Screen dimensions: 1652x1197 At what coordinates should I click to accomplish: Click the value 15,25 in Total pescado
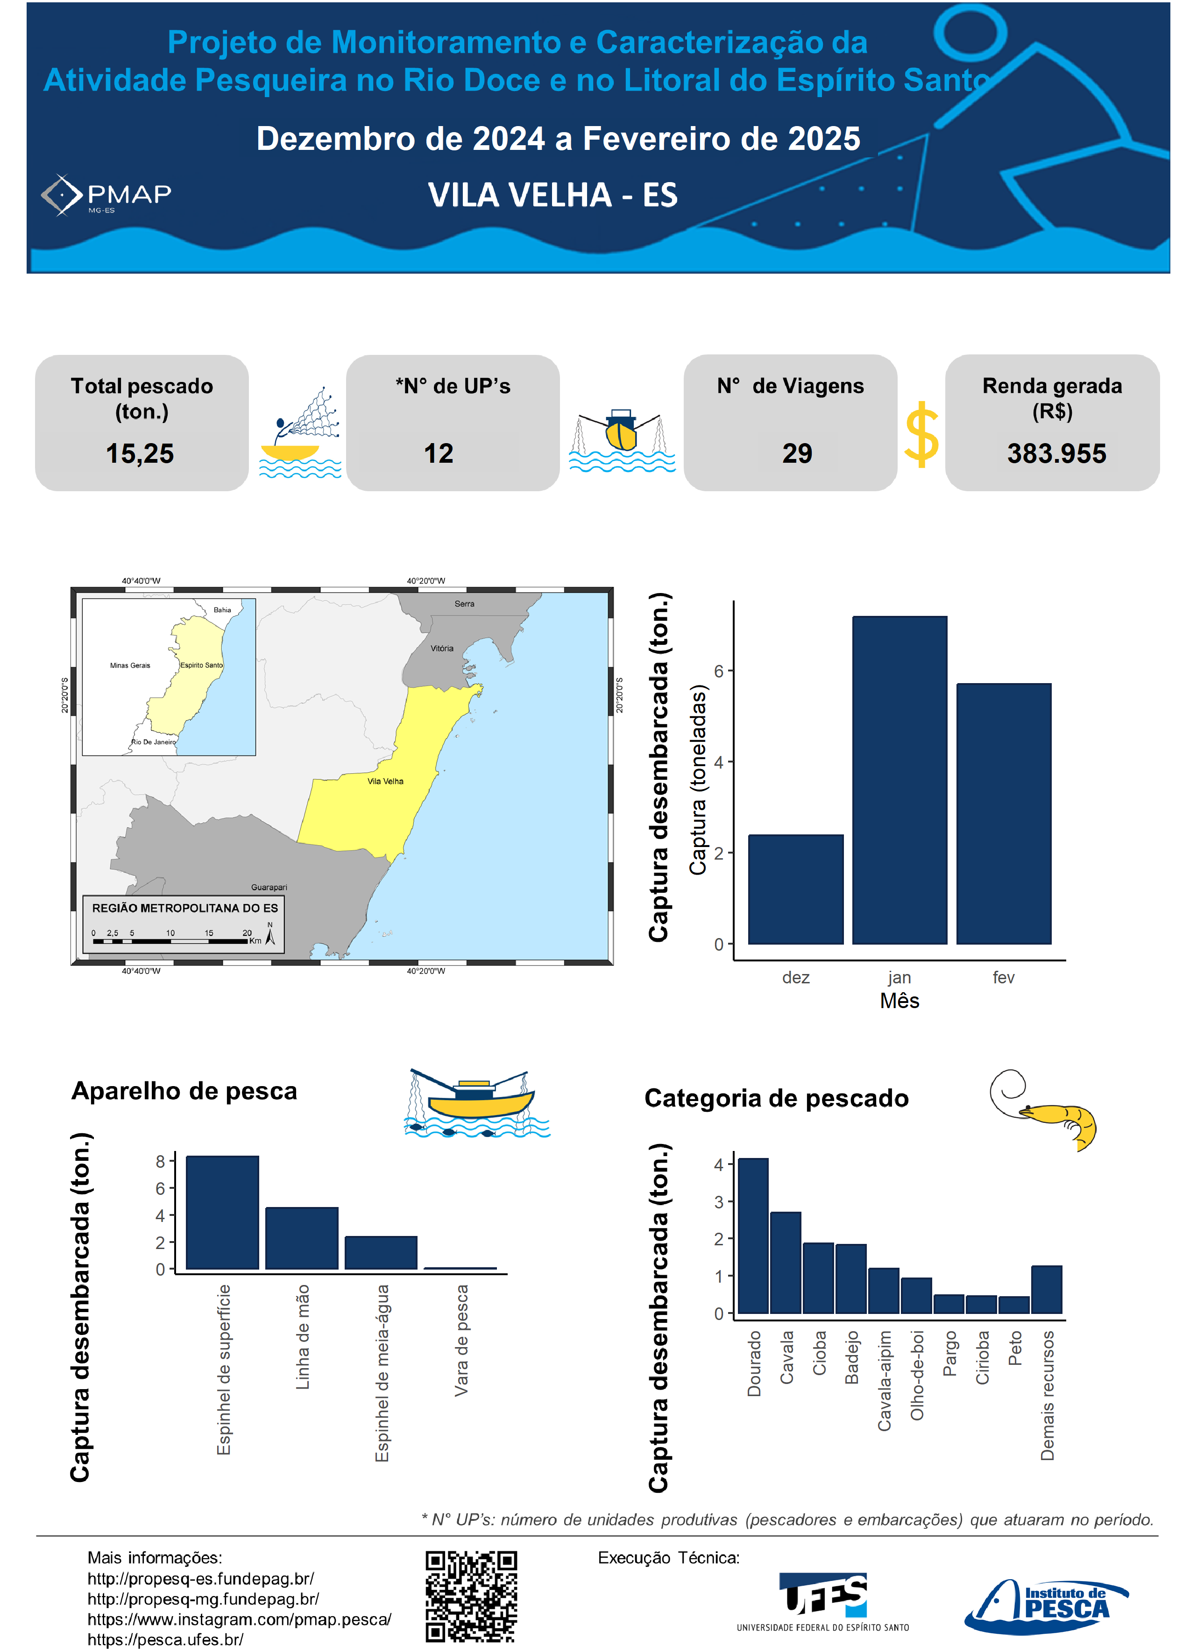click(140, 454)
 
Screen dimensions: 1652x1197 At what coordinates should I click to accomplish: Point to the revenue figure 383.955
click(1056, 454)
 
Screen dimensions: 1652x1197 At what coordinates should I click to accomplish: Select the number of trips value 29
click(797, 454)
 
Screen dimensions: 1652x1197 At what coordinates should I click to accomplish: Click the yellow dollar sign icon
click(921, 435)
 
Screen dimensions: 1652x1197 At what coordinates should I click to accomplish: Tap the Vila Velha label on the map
click(385, 782)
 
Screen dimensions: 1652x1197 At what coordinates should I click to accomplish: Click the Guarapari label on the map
click(269, 887)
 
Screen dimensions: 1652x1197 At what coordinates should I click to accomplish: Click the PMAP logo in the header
click(106, 195)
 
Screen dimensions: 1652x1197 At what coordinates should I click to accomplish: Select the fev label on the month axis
click(1003, 977)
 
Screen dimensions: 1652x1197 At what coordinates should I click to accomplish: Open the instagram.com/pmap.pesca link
click(239, 1619)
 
